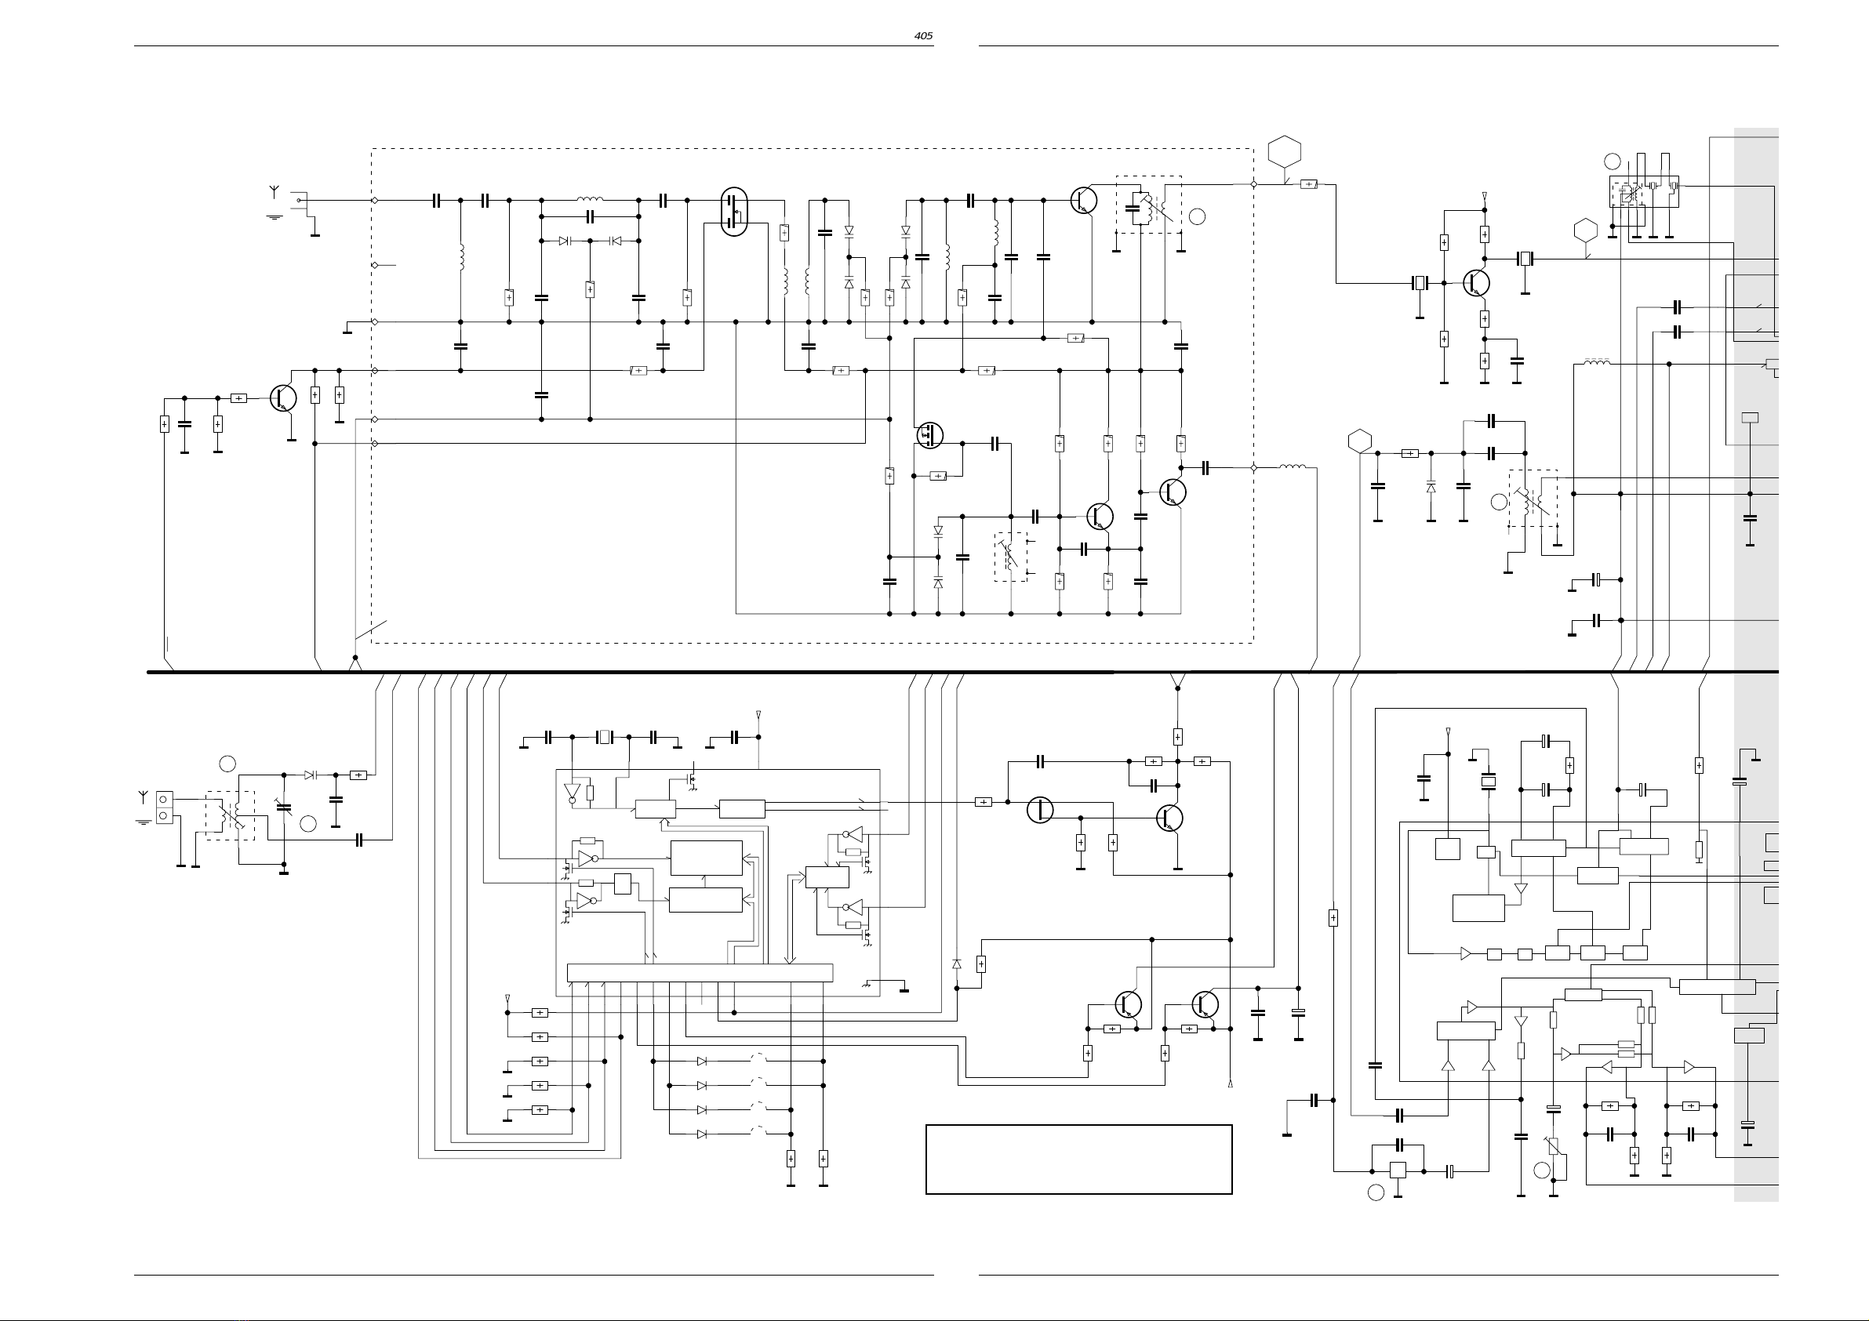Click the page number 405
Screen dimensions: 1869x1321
923,36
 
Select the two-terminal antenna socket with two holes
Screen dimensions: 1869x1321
165,807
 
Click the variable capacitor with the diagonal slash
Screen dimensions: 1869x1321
283,807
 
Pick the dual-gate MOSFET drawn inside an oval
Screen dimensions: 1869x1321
734,212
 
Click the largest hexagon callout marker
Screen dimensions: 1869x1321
1285,151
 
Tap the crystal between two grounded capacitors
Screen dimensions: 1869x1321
604,738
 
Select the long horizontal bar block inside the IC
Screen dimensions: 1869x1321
700,973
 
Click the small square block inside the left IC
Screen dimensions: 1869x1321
623,883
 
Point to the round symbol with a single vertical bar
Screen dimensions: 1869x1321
1039,810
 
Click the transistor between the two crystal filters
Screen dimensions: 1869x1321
1477,283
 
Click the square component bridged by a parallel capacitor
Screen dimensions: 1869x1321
1397,1171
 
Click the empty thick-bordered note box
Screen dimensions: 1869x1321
1078,1160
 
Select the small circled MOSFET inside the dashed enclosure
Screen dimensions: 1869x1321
929,435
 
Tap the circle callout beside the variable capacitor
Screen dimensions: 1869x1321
307,823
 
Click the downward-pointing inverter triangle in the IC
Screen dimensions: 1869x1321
572,793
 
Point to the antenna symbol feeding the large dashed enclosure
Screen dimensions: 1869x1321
275,192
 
